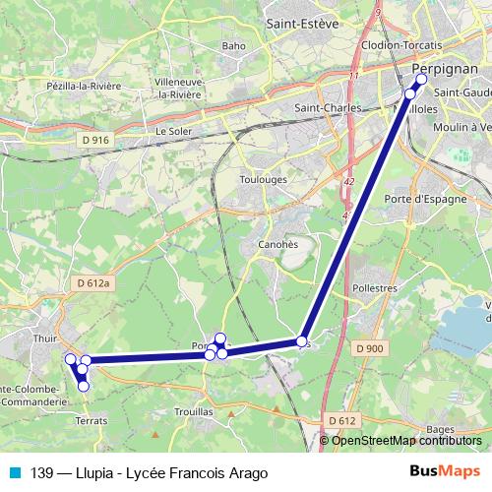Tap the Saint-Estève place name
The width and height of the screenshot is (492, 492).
coord(302,21)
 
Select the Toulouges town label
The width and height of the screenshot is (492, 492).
coord(266,181)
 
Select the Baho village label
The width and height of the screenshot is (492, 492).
coord(234,45)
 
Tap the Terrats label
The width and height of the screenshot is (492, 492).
coord(91,420)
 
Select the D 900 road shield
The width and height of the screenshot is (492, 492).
coord(371,348)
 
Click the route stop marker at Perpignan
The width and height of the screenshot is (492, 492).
coord(422,79)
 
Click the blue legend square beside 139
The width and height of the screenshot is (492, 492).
coord(14,472)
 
